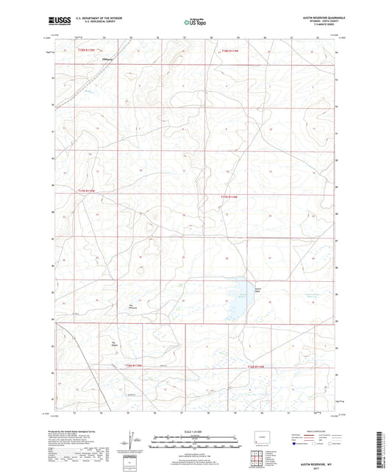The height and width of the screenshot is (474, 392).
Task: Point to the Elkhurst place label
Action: pyautogui.click(x=112, y=60)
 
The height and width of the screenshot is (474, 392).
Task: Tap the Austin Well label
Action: pyautogui.click(x=257, y=289)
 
